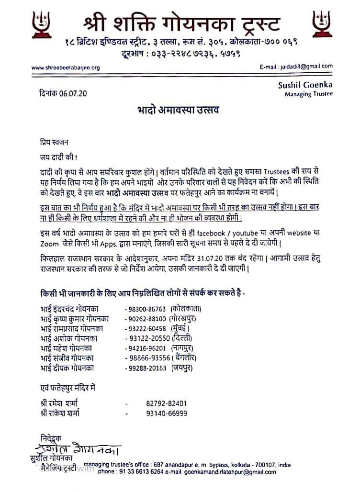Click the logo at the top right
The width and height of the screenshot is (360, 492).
(321, 24)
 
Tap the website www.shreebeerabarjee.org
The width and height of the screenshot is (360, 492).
(66, 67)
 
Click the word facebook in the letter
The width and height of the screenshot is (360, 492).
(232, 234)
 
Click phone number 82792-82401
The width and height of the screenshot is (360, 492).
(167, 403)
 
